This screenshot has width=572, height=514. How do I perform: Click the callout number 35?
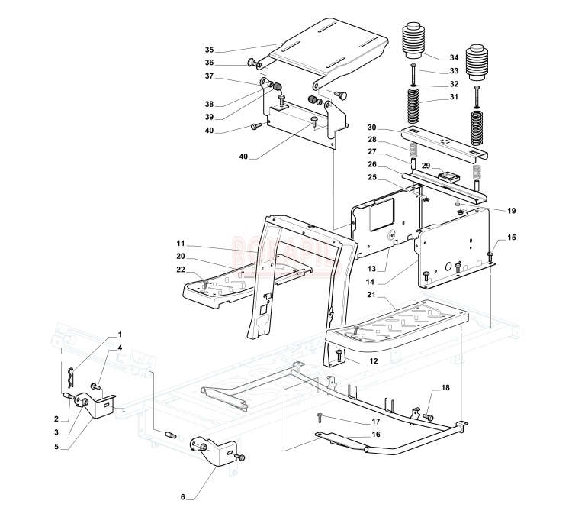click(209, 49)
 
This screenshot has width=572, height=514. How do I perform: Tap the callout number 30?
click(371, 127)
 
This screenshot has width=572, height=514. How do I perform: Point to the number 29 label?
click(427, 166)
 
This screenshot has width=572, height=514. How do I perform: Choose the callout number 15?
click(511, 238)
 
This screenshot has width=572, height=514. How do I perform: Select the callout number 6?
click(183, 496)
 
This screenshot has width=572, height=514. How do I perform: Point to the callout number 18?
click(445, 389)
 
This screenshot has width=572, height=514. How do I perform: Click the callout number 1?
click(119, 336)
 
